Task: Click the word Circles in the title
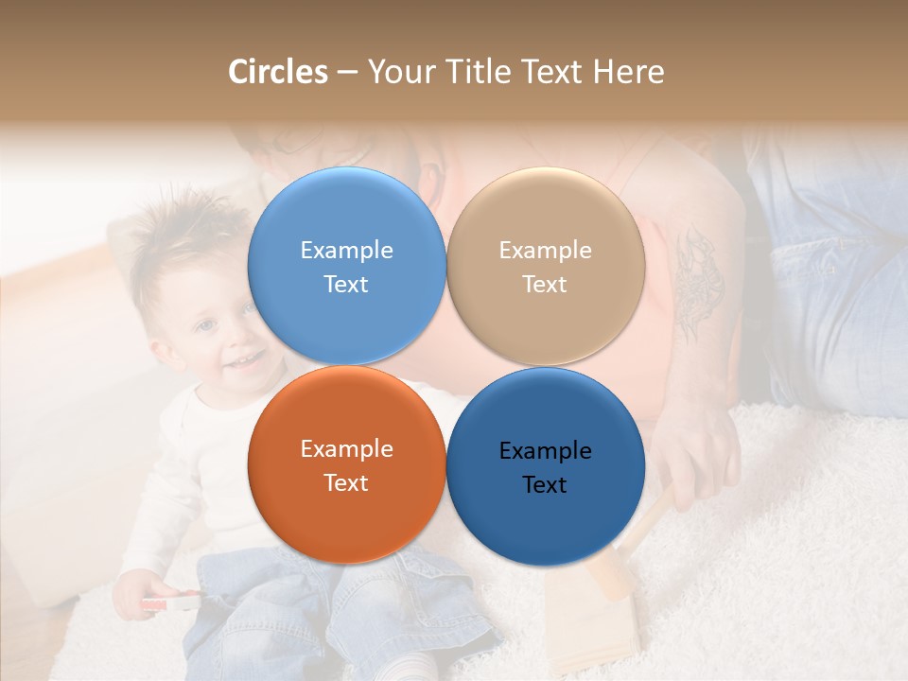(x=277, y=72)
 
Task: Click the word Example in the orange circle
(x=346, y=449)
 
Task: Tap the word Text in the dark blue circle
(x=545, y=485)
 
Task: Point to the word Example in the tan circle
(x=545, y=251)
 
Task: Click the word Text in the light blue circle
(x=346, y=285)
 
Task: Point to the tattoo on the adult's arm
(x=697, y=284)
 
